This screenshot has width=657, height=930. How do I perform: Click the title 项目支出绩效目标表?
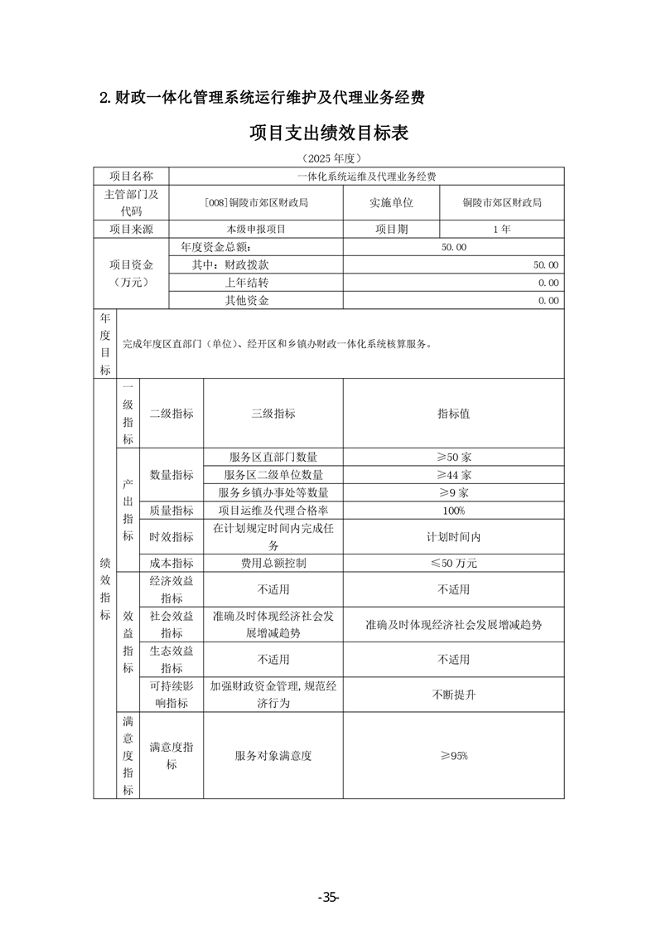click(x=329, y=133)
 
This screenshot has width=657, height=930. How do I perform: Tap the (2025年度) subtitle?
click(x=329, y=157)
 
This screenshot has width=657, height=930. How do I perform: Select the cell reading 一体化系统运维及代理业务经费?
click(x=366, y=177)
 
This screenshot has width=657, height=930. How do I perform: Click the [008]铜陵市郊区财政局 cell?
click(x=256, y=202)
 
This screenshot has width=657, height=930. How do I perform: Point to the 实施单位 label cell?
click(x=391, y=202)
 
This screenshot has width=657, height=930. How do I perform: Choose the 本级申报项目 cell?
click(x=256, y=229)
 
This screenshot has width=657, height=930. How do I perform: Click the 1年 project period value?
click(x=501, y=229)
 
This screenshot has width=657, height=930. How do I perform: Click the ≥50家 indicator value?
click(x=453, y=457)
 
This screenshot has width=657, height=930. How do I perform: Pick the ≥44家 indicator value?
click(x=453, y=475)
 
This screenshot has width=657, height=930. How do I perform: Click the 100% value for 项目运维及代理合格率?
click(x=453, y=511)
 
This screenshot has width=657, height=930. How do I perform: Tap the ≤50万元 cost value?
click(x=453, y=563)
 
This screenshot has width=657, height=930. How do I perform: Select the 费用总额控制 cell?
click(x=273, y=563)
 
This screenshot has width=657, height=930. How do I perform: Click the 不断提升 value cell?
click(x=453, y=695)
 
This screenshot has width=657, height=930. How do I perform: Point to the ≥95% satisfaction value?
click(x=453, y=756)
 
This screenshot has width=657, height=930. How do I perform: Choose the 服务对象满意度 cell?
click(x=273, y=756)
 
